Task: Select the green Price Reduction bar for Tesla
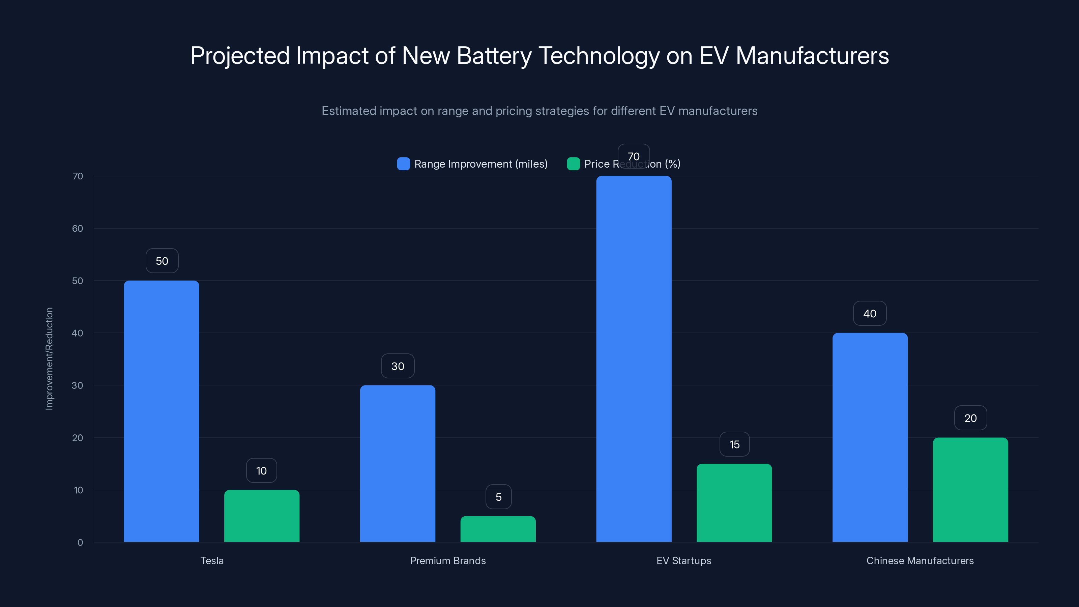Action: pos(262,516)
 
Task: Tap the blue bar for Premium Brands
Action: pos(398,463)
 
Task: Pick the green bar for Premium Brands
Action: pos(498,529)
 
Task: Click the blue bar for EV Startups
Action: pos(634,358)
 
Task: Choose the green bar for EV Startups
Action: pos(734,503)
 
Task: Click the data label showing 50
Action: pos(162,261)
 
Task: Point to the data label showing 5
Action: pos(498,497)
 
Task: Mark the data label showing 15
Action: pos(734,444)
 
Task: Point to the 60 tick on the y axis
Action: pos(78,228)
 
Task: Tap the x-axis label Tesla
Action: pos(212,560)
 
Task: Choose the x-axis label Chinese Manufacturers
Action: pos(920,560)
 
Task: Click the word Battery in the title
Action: pos(494,56)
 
